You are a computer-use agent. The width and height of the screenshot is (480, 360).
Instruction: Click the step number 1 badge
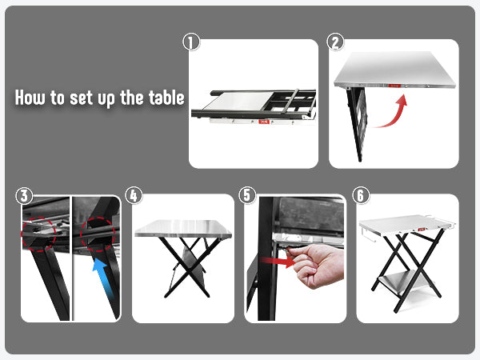pyautogui.click(x=191, y=42)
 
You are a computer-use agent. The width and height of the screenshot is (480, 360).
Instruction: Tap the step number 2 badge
pyautogui.click(x=335, y=42)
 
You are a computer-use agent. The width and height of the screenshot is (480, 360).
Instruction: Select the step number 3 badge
pyautogui.click(x=24, y=196)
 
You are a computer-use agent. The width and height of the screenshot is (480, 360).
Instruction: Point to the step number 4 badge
pyautogui.click(x=134, y=196)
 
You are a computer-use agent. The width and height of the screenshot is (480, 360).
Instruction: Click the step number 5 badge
pyautogui.click(x=247, y=195)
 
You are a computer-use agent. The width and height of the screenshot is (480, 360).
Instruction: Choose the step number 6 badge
pyautogui.click(x=361, y=195)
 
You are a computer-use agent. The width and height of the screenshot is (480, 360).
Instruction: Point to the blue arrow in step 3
pyautogui.click(x=102, y=276)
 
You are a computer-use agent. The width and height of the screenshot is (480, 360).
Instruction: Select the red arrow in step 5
pyautogui.click(x=277, y=262)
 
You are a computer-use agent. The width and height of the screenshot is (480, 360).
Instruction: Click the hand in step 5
pyautogui.click(x=317, y=264)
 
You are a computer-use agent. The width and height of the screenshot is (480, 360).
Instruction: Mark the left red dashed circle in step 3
pyautogui.click(x=38, y=234)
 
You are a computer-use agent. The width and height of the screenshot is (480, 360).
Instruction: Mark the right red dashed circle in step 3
pyautogui.click(x=98, y=234)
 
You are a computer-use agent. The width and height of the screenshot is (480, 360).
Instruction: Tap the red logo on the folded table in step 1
pyautogui.click(x=263, y=122)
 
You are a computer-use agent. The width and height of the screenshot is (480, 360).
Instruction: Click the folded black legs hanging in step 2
pyautogui.click(x=357, y=123)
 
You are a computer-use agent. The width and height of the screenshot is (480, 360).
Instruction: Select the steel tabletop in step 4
pyautogui.click(x=182, y=228)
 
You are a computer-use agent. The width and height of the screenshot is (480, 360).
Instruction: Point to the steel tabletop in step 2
pyautogui.click(x=395, y=70)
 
